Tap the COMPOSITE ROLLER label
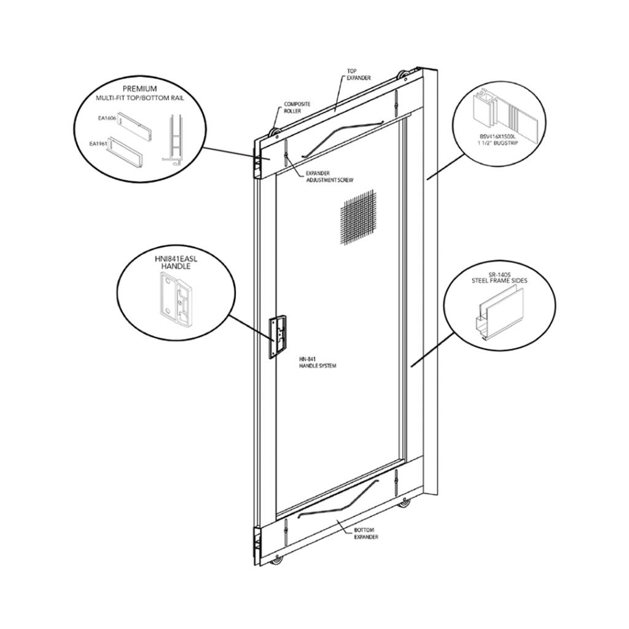coord(295,108)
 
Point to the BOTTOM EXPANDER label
coord(365,533)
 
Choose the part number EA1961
coord(98,143)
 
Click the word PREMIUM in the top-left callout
coord(140,88)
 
